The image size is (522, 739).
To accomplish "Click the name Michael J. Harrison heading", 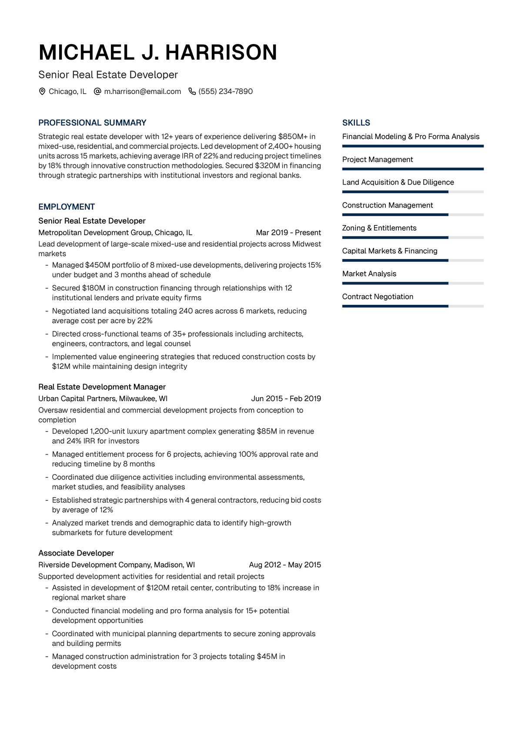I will pos(157,53).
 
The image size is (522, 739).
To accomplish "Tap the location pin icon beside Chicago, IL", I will pos(42,91).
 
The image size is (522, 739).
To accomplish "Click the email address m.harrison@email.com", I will pos(142,91).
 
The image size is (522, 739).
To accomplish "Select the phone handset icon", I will pos(192,91).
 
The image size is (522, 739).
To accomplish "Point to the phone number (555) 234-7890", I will pos(225,91).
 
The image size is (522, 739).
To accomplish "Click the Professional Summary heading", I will pos(92,123).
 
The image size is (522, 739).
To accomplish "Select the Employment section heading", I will pos(67,207).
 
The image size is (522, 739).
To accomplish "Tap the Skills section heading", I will pos(356,123).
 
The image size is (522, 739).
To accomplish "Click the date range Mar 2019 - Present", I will pos(288,233).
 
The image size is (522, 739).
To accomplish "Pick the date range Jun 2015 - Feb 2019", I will pos(286,398).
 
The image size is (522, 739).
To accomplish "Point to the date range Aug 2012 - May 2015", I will pos(285,565).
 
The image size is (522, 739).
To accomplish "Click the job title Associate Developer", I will pos(76,553).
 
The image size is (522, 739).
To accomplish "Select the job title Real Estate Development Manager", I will pos(102,387).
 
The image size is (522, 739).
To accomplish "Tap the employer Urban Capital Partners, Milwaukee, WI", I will pos(103,398).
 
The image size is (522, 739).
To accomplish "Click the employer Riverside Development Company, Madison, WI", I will pos(117,565).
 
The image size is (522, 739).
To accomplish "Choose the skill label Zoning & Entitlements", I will pos(379,228).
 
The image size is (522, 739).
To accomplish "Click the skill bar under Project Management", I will pos(413,169).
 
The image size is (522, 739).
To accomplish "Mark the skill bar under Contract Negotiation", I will pos(413,306).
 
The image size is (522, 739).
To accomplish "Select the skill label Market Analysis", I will pos(369,273).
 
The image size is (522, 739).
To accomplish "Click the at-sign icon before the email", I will pos(97,91).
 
